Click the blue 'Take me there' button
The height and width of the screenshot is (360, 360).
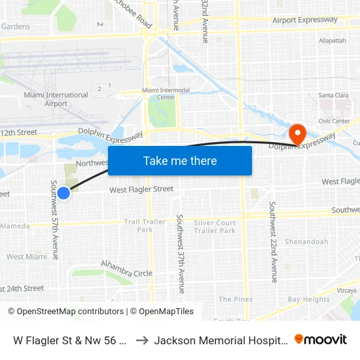coord(180,160)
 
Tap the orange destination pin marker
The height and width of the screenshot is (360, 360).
coord(297,134)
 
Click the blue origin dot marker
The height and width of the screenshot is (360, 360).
coord(63,192)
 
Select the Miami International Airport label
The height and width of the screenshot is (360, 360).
coord(56,99)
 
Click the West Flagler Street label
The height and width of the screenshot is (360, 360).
coord(141,189)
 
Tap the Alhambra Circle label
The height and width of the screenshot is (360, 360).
coord(126,269)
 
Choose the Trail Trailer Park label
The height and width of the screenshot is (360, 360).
coord(145,226)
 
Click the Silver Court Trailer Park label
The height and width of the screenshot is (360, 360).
coord(215,226)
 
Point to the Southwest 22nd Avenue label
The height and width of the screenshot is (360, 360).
coord(274,242)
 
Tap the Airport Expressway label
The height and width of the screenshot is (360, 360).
coord(305,20)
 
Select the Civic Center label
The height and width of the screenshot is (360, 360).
coord(334,121)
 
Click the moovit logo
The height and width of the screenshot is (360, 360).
coord(321,339)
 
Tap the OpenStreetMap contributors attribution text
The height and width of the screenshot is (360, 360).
coord(65,312)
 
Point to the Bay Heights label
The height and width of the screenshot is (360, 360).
coord(308,299)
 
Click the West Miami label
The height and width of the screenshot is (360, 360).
coord(25,257)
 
